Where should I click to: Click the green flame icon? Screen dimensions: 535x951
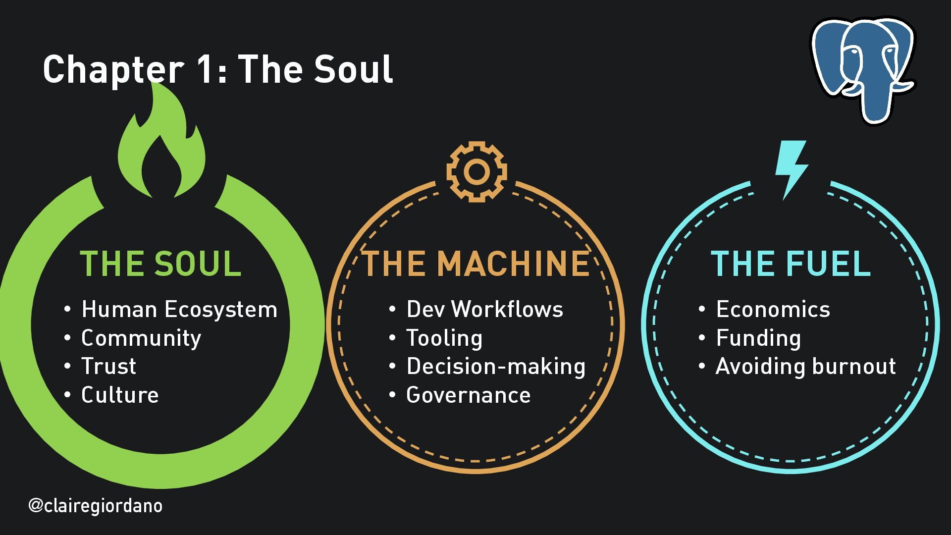click(161, 149)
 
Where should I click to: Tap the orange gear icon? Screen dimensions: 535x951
click(476, 171)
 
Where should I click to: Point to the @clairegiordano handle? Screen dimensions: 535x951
click(95, 506)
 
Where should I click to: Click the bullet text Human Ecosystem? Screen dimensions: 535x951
click(179, 310)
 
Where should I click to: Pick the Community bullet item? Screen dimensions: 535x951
click(141, 338)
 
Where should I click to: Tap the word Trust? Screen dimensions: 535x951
click(108, 367)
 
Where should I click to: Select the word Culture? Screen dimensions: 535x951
click(120, 395)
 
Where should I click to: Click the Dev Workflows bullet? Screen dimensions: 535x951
click(484, 310)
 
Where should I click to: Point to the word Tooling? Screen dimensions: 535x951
click(444, 338)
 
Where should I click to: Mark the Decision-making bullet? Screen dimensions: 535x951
click(496, 367)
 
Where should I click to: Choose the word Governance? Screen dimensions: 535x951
click(468, 395)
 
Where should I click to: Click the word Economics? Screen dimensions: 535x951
click(773, 310)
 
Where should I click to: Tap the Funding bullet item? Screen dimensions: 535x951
click(758, 338)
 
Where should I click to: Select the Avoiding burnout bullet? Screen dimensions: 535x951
click(806, 367)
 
